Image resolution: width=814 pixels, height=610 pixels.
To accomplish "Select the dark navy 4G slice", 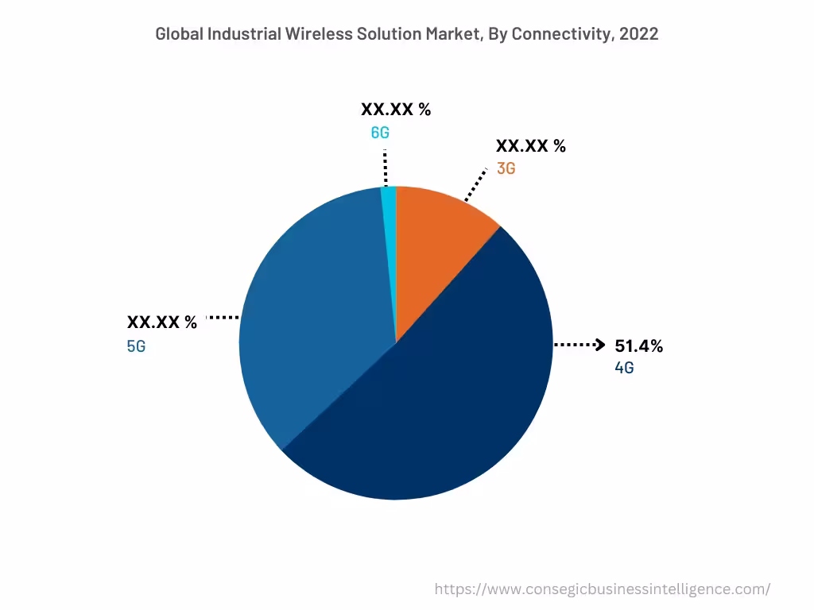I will coord(445,397).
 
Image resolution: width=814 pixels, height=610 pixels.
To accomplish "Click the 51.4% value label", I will coord(638,346).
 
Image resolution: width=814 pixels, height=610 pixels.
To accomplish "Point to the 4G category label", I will coord(624,369).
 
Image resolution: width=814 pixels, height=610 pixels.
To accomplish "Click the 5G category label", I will coord(137,346).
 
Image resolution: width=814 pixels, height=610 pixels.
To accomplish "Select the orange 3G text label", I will coord(506,168).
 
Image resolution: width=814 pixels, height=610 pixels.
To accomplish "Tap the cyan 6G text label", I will coord(380,133).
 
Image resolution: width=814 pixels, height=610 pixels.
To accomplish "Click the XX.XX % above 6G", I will coord(396,110).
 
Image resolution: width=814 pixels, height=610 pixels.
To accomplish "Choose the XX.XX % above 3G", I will coord(530,146).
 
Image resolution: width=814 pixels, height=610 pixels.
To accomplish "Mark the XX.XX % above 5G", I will coord(162,322).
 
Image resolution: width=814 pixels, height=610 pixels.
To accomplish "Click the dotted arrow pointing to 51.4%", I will coord(579,345).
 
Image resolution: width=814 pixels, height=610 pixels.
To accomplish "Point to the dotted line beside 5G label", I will coord(223,318).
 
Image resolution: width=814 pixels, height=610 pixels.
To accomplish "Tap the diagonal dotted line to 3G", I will coord(475,184).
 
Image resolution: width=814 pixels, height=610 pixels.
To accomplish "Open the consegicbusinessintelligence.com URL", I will coord(603,589).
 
